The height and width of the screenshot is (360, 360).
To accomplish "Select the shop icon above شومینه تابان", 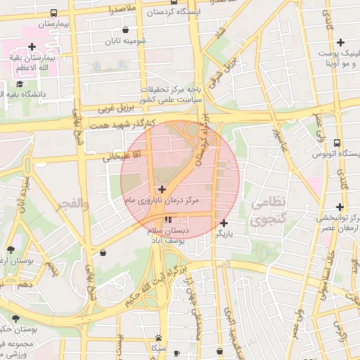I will (x=125, y=30).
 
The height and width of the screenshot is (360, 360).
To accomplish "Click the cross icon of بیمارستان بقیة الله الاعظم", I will (x=32, y=47).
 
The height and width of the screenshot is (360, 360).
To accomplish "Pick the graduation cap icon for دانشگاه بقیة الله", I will (x=19, y=84).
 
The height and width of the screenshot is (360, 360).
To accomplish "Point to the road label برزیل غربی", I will (x=115, y=109).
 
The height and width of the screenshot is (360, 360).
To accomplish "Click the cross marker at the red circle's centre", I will (x=162, y=189).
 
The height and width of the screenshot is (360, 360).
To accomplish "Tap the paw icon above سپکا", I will (x=159, y=337).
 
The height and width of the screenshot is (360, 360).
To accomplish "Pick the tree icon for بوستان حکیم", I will (x=15, y=319).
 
